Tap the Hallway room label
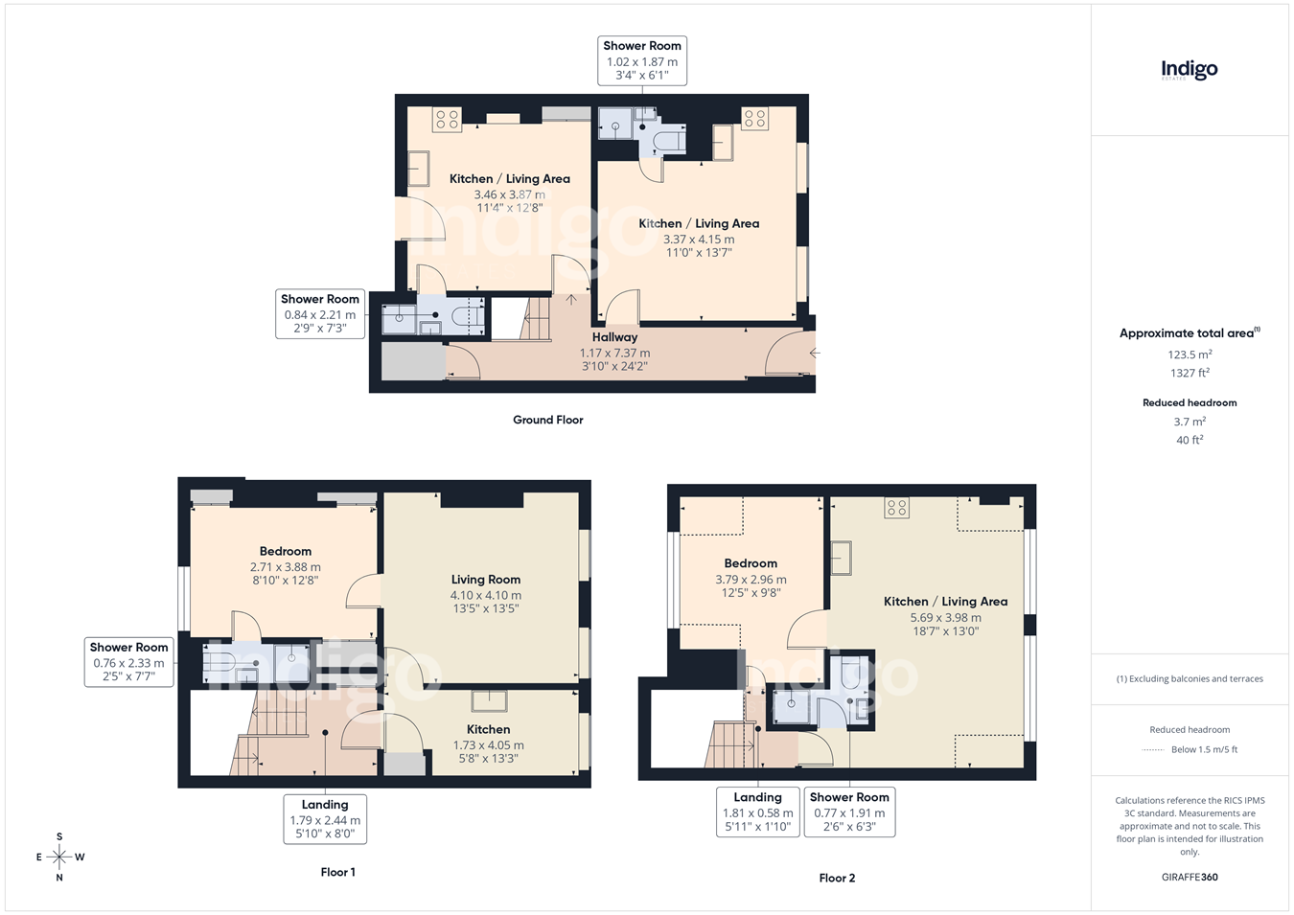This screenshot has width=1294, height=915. coord(614,337)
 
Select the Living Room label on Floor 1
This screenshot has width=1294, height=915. coord(486,580)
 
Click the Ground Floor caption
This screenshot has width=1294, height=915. coord(548,420)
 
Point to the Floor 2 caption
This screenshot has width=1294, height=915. coord(837,878)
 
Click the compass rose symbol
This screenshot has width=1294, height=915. coord(59,858)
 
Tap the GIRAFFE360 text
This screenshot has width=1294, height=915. coord(1190,877)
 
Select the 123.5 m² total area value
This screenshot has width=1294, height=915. coord(1190,355)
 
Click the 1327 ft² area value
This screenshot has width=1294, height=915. coord(1190,373)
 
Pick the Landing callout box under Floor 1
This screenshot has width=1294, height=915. coord(325,819)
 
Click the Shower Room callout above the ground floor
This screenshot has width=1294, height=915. coord(642,60)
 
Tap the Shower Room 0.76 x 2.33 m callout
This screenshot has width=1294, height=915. coord(128,662)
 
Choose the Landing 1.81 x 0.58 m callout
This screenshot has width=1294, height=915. coord(758,812)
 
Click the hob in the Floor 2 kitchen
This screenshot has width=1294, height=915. coord(896,508)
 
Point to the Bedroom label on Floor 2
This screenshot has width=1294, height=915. coord(751,563)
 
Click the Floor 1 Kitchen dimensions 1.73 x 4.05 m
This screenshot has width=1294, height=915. coord(488,745)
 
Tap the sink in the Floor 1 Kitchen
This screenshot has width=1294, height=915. coord(489,700)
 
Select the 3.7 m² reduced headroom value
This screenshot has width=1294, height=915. coord(1190,422)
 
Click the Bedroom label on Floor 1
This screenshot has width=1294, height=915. coord(286,551)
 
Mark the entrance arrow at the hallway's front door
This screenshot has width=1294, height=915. coord(815,353)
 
